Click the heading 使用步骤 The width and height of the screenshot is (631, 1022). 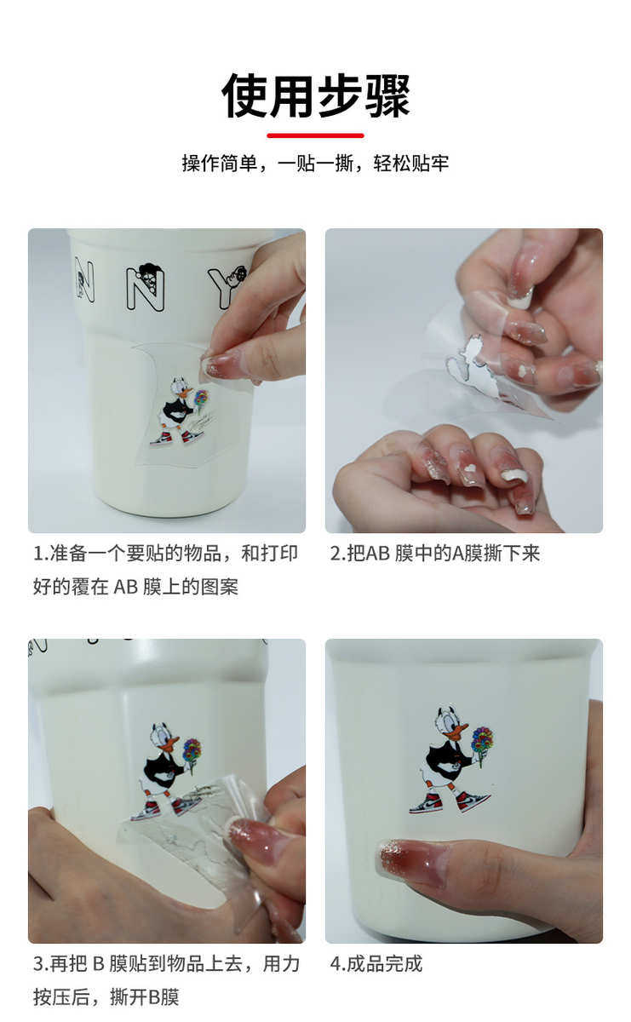(315, 95)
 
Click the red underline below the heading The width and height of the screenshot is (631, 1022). (315, 135)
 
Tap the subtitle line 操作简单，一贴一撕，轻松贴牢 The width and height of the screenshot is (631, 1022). (315, 163)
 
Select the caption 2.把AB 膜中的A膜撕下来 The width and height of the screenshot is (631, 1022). (435, 554)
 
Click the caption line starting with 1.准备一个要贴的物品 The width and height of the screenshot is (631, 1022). (165, 554)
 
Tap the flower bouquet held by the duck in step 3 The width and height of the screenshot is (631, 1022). (192, 751)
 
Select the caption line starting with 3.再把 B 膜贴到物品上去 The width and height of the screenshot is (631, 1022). (166, 964)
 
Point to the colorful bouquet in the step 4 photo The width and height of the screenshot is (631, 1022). (482, 739)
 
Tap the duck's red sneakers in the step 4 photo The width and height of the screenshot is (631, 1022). (449, 801)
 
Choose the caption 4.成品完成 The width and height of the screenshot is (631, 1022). (376, 964)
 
